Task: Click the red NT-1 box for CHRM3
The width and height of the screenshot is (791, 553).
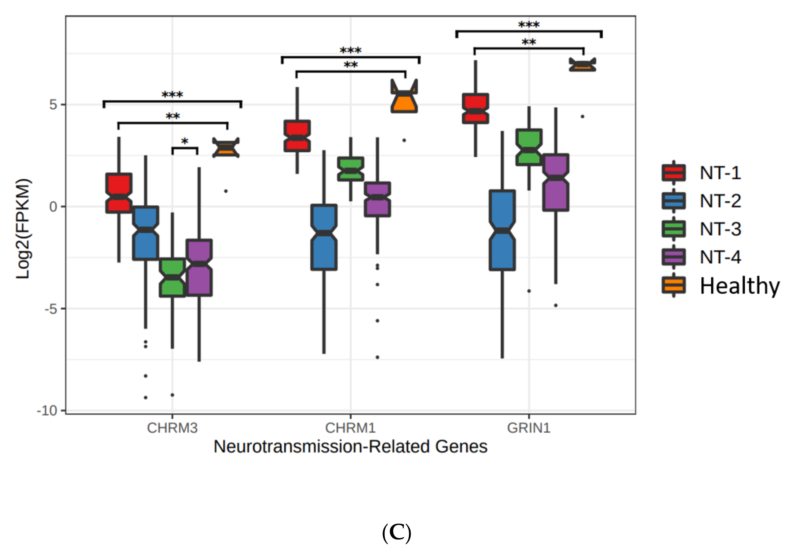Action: coord(119,193)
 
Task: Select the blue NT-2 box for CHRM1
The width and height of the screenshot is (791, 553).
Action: coord(324,237)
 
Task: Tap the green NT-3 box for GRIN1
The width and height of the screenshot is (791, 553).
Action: coord(529,147)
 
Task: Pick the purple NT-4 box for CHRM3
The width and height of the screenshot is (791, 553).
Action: coord(199,268)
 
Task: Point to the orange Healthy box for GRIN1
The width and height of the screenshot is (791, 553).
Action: coord(582,65)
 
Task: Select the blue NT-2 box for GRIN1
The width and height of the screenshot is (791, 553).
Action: coord(502,230)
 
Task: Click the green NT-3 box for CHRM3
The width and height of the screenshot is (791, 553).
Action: coord(172,277)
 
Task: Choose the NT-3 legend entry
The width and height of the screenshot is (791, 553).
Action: coord(720,229)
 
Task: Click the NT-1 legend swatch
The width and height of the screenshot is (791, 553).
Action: coord(673,173)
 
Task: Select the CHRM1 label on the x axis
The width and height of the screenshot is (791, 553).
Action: coord(350,428)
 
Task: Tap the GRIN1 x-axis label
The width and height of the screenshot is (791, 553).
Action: coord(529,428)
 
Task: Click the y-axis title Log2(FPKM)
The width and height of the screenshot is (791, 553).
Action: coord(23,229)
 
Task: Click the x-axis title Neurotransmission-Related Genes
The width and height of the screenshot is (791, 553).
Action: coord(350,447)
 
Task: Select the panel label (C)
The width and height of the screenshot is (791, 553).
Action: coord(397,532)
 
